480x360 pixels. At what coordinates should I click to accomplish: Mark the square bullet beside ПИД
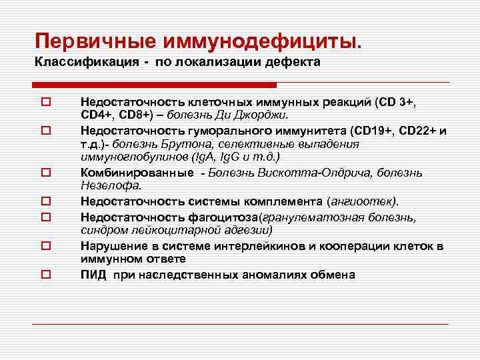tap(45, 275)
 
